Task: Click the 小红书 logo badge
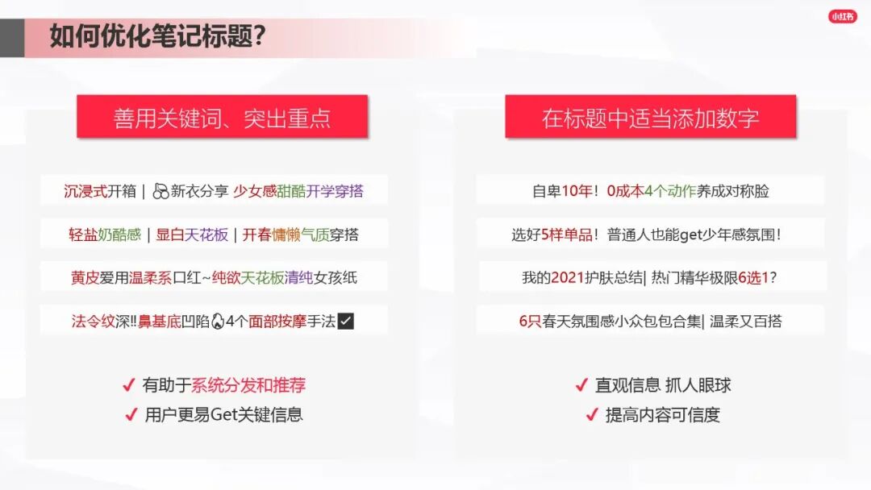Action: pos(842,16)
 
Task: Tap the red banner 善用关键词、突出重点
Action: pos(222,118)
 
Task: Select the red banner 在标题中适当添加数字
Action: pos(650,118)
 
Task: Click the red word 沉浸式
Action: pos(84,192)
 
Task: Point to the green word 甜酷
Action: pos(291,192)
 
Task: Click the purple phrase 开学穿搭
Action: pos(335,192)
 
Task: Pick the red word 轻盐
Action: pos(83,235)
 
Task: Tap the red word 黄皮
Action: pos(85,278)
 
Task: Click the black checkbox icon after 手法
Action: pos(346,322)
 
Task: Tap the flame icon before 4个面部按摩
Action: pos(217,322)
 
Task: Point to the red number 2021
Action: pos(567,278)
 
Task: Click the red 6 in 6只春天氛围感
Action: pos(523,322)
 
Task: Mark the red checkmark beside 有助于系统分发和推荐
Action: pos(128,386)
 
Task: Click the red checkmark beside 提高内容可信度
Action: pos(591,416)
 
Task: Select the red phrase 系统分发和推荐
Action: pos(248,385)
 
